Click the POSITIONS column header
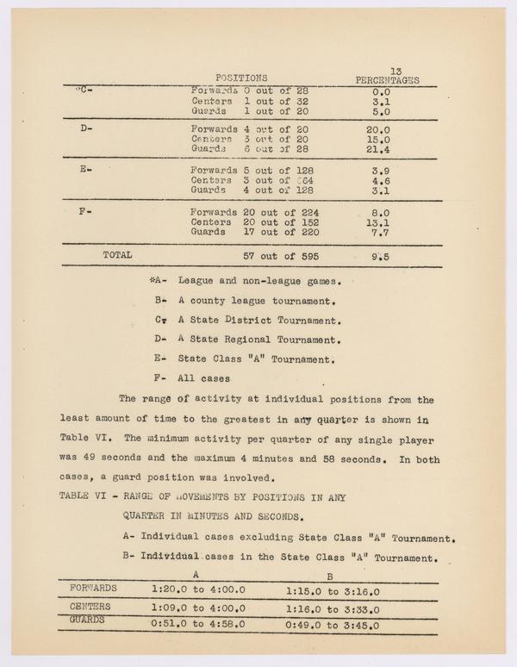click(240, 78)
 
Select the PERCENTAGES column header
click(387, 79)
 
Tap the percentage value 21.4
click(378, 149)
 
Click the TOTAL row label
click(118, 255)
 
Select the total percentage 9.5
click(378, 255)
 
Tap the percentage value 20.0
click(378, 130)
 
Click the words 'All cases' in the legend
click(205, 377)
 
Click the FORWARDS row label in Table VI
click(93, 588)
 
